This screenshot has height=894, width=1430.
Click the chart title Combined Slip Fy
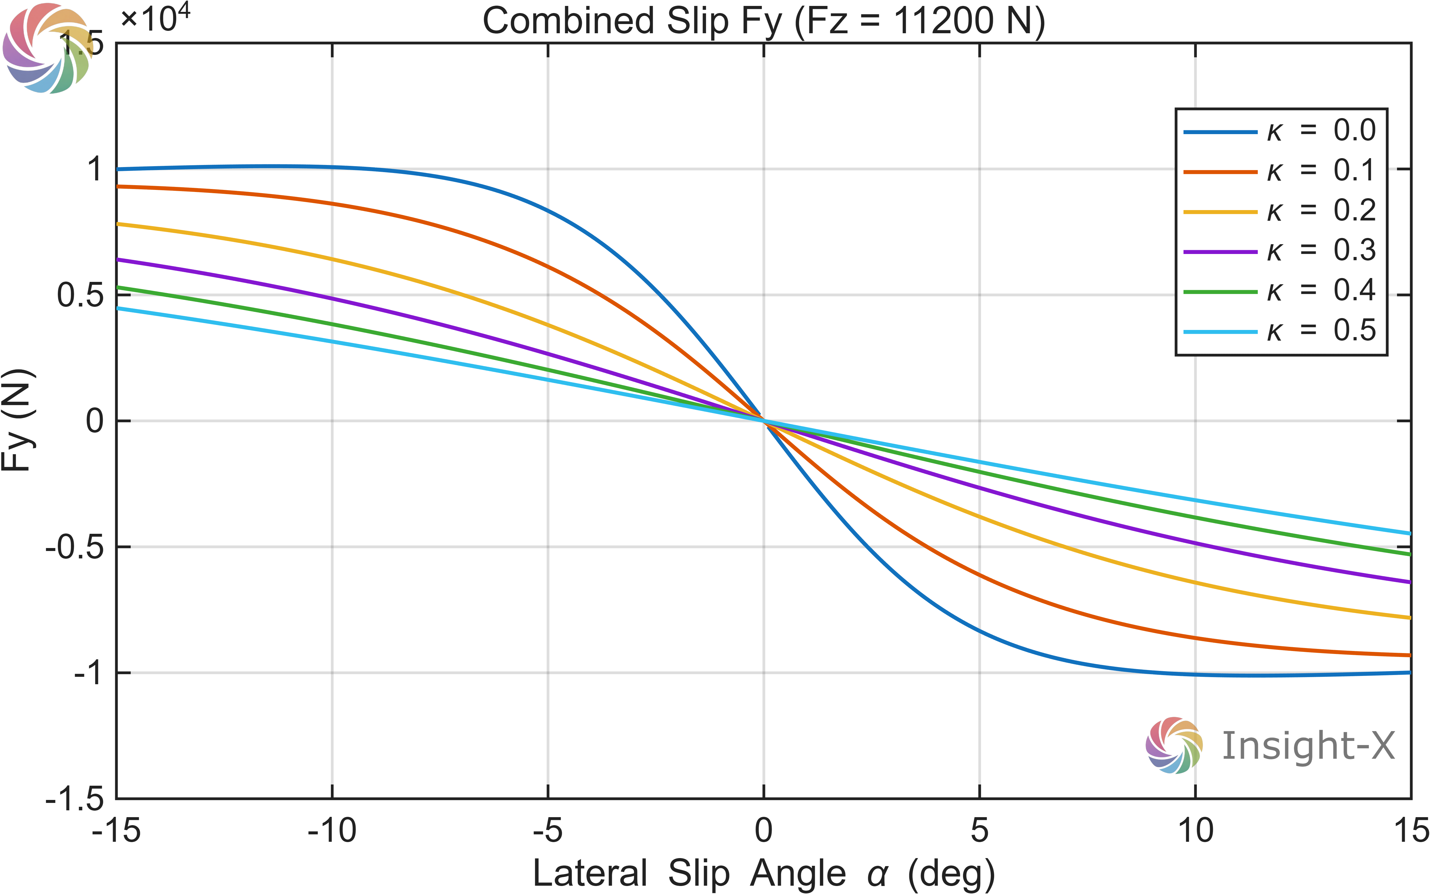(x=763, y=21)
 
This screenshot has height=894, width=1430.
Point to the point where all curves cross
(x=764, y=421)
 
